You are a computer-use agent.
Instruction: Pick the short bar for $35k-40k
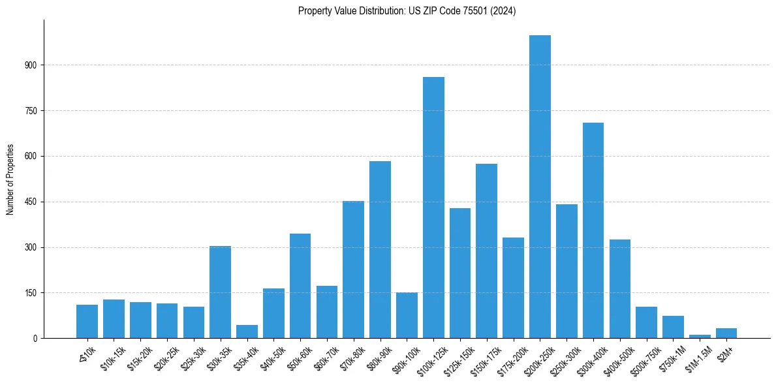coord(247,331)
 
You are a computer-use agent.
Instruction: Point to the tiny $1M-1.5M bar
coord(700,336)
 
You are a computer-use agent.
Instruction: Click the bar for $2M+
coord(726,333)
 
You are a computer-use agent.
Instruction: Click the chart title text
coord(407,11)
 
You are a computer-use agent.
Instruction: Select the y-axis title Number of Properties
coord(10,179)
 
